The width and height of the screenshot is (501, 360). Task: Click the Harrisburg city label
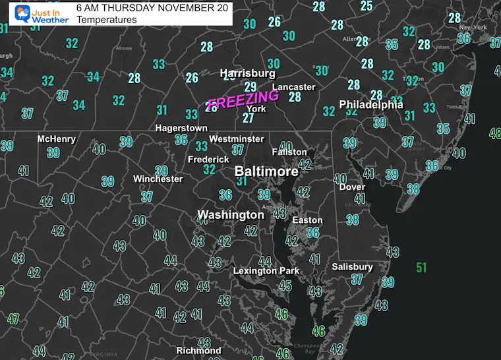pos(247,73)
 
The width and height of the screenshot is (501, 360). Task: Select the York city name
pos(256,108)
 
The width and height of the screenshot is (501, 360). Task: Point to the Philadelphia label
pos(371,104)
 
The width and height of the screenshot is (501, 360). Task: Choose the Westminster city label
pos(236,138)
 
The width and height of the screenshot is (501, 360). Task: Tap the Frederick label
pos(208,159)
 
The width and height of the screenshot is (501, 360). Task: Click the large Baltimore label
pos(266,171)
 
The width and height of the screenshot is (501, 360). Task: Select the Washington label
pos(231,215)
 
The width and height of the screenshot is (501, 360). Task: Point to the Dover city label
pos(352,187)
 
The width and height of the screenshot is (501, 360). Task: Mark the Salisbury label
pos(353,266)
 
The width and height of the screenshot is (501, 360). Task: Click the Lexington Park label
pos(266,270)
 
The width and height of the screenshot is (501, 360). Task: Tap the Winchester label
pos(158,179)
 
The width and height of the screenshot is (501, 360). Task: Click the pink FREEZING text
pos(243,100)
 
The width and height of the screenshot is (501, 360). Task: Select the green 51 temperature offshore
pos(421,268)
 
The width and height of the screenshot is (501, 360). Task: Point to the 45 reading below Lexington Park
pos(285,285)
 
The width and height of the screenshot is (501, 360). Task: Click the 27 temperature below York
pos(248,118)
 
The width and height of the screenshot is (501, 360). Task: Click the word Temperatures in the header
pos(107,20)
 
